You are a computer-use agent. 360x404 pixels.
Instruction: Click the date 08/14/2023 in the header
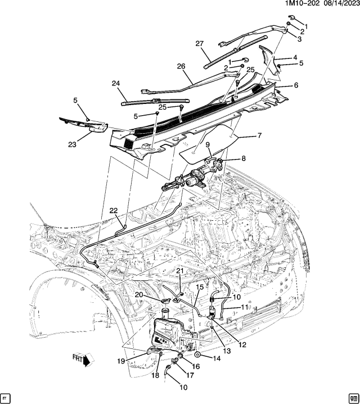[337, 4]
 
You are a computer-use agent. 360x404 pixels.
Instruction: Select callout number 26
[181, 66]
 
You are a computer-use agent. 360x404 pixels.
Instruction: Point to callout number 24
[115, 84]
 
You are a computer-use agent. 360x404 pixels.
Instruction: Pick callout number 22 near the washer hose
[114, 210]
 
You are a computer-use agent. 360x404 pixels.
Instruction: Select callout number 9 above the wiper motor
[208, 144]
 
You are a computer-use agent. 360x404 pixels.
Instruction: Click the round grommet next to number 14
[199, 356]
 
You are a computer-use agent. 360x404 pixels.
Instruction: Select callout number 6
[295, 86]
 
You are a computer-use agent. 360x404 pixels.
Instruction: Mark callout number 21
[181, 271]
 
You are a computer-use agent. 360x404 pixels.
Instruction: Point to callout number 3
[299, 39]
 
